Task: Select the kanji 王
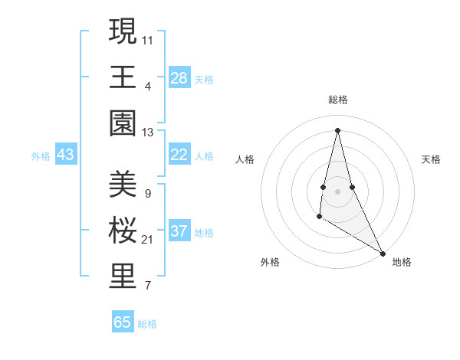coord(123,77)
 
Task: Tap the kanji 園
coord(123,123)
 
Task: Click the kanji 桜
coord(123,231)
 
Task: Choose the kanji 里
coord(123,277)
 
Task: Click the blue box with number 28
coord(179,78)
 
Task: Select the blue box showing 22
coord(179,155)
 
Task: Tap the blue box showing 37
coord(179,231)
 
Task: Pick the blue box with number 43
coord(66,155)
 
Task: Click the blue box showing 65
coord(123,322)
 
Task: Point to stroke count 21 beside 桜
coord(148,240)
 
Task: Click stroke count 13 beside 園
coord(148,133)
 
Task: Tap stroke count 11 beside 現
coord(148,39)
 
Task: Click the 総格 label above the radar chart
coord(337,100)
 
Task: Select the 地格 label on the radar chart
coord(402,262)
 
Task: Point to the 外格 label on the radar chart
coord(270,262)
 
